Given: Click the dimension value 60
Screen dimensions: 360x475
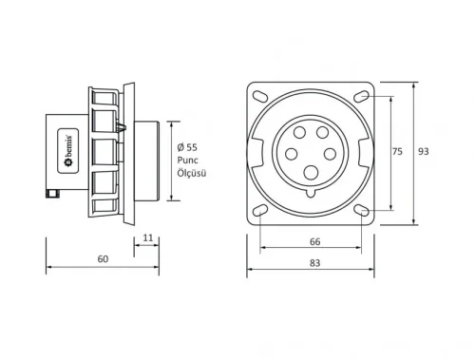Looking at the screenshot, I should point(104,259).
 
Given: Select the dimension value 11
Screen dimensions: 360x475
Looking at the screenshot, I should point(147,237).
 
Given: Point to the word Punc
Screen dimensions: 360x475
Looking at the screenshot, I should point(189,161).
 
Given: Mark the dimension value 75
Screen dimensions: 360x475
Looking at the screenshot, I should point(396,151).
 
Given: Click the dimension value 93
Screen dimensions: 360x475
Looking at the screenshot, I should point(424,152).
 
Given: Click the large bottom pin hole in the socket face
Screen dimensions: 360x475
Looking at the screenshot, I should point(310,173).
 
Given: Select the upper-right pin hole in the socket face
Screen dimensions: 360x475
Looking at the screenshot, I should point(322,133).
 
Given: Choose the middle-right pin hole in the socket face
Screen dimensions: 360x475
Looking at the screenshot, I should point(331,153).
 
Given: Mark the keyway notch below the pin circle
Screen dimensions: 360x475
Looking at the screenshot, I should point(310,193).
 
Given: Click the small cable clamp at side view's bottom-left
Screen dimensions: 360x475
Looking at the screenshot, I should point(50,195).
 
